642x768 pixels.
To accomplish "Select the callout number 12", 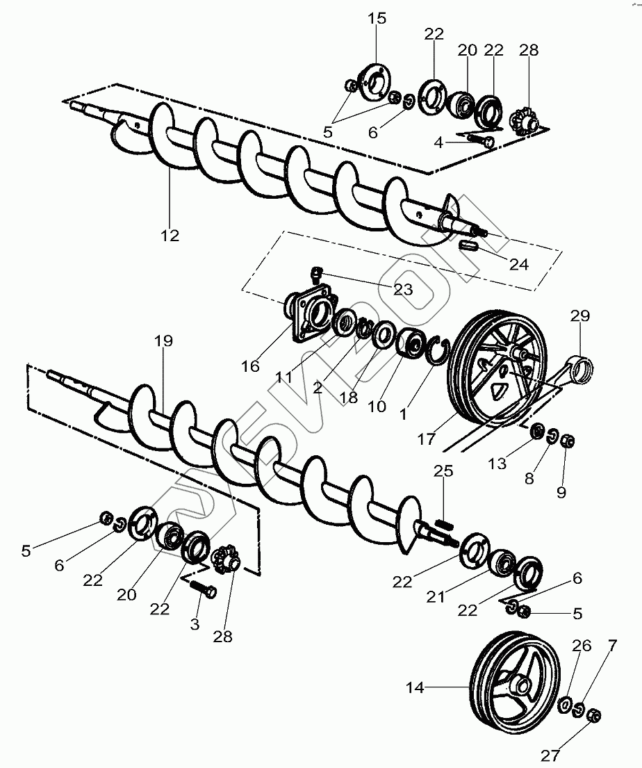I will click(x=170, y=236).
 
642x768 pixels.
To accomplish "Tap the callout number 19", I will click(x=164, y=341).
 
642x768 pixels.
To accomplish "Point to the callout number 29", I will click(x=580, y=316).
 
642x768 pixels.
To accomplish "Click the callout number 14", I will click(x=415, y=688).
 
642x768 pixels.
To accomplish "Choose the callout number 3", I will click(x=195, y=624).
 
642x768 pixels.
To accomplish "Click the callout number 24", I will click(x=519, y=264).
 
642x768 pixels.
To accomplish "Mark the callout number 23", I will click(x=403, y=288).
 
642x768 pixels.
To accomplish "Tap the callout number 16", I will click(x=250, y=366).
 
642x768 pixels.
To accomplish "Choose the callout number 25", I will click(x=443, y=472).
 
